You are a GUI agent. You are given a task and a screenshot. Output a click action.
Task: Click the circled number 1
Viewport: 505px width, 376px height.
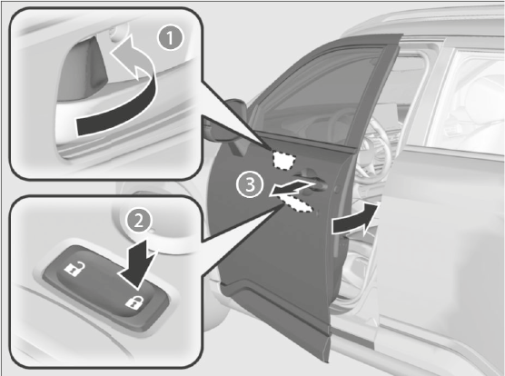(171, 38)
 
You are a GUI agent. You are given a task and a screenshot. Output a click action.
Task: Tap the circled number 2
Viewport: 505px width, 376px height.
(138, 222)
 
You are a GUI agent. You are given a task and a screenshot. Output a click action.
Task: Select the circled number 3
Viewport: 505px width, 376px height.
(251, 184)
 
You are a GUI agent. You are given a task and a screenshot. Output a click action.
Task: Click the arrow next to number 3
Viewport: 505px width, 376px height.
(292, 188)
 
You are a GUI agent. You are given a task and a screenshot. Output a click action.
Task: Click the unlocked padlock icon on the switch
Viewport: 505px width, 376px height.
(74, 269)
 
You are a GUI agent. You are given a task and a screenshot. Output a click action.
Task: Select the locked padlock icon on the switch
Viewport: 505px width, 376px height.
(134, 302)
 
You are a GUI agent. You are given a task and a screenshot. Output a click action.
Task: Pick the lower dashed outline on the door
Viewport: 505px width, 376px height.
(298, 204)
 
